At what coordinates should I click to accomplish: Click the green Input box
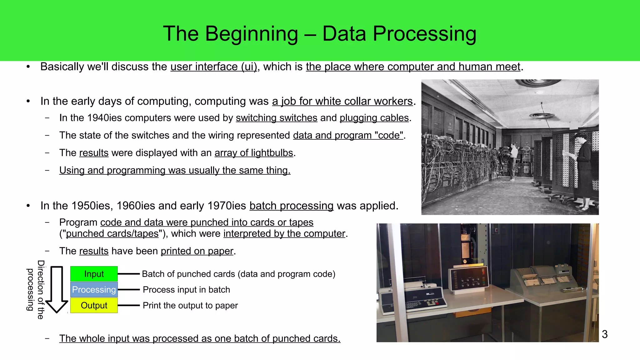[x=94, y=274]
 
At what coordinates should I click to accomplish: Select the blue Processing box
[x=94, y=290]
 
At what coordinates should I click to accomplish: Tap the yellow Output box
[x=94, y=305]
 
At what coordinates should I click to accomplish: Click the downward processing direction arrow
[x=57, y=289]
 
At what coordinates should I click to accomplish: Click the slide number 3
[x=605, y=334]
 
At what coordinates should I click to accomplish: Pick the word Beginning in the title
[x=252, y=34]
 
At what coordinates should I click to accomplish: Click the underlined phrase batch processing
[x=291, y=206]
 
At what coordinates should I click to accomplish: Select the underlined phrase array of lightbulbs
[x=253, y=153]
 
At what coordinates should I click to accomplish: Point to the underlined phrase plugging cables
[x=374, y=118]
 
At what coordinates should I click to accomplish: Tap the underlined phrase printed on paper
[x=197, y=251]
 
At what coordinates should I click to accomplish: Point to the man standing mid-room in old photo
[x=512, y=161]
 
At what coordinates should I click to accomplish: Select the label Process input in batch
[x=186, y=290]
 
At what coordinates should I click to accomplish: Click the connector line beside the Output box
[x=128, y=305]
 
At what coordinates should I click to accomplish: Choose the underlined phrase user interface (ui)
[x=213, y=67]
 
